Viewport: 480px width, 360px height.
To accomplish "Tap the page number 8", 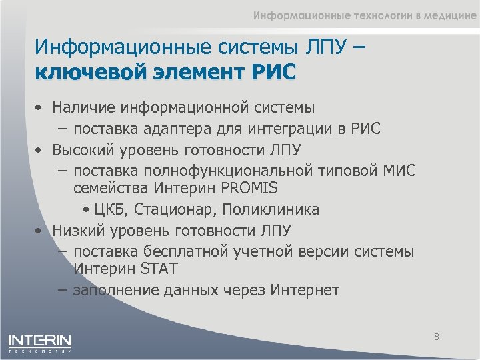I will pos(436,337).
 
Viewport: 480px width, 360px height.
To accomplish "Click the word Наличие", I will pos(81,107).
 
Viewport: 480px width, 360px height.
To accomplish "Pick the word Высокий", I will pos(82,149).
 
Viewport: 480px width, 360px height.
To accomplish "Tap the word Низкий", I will pos(76,231).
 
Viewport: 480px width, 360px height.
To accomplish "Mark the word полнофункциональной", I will pos(233,171).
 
